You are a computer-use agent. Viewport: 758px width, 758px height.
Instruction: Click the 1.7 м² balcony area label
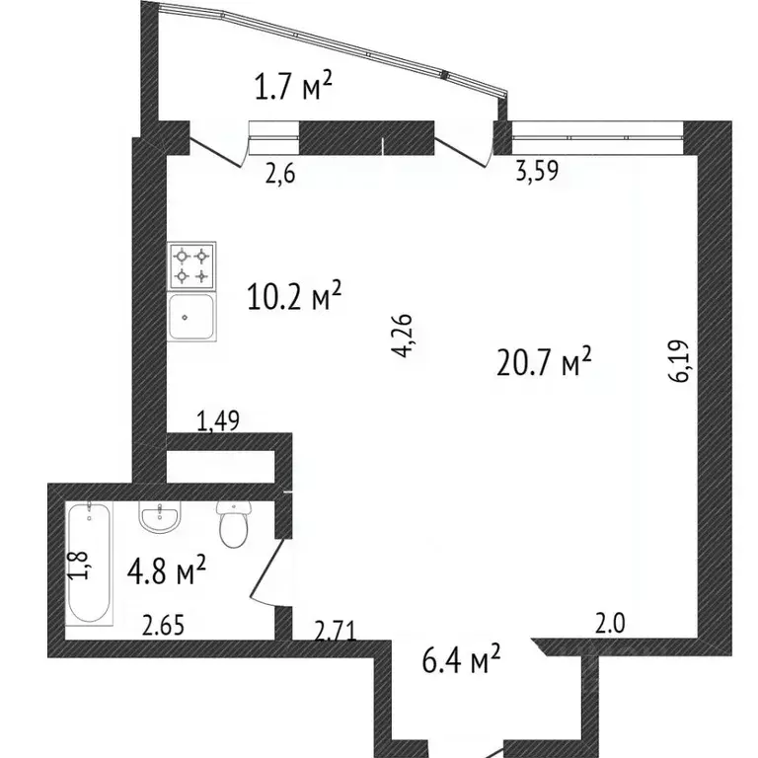[293, 86]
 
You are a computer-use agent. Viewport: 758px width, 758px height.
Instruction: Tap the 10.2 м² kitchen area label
[294, 296]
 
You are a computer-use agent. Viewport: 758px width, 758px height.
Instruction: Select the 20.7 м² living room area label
[544, 361]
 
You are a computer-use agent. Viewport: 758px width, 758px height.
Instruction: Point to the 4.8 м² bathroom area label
[167, 570]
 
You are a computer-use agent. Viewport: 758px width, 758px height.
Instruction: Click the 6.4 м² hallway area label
[461, 659]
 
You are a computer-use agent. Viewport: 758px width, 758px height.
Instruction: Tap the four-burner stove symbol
[191, 265]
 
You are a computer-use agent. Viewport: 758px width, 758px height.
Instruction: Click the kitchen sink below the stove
[191, 317]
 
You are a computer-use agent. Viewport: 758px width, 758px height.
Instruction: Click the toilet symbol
[234, 523]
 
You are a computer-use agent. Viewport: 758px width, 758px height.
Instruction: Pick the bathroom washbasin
[160, 516]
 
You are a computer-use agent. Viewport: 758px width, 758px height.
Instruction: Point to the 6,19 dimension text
[680, 361]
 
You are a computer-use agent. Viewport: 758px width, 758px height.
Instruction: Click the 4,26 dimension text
[402, 336]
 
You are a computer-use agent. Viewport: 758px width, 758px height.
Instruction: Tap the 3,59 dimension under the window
[537, 170]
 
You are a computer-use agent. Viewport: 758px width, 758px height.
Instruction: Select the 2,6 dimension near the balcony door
[280, 173]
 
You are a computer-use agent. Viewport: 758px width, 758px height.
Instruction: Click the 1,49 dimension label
[218, 420]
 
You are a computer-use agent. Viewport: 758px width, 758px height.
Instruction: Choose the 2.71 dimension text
[336, 631]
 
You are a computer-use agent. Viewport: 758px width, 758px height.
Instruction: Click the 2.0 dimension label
[610, 623]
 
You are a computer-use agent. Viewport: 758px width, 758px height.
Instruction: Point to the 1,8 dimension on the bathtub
[78, 565]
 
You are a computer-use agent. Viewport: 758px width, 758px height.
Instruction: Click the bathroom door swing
[268, 571]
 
